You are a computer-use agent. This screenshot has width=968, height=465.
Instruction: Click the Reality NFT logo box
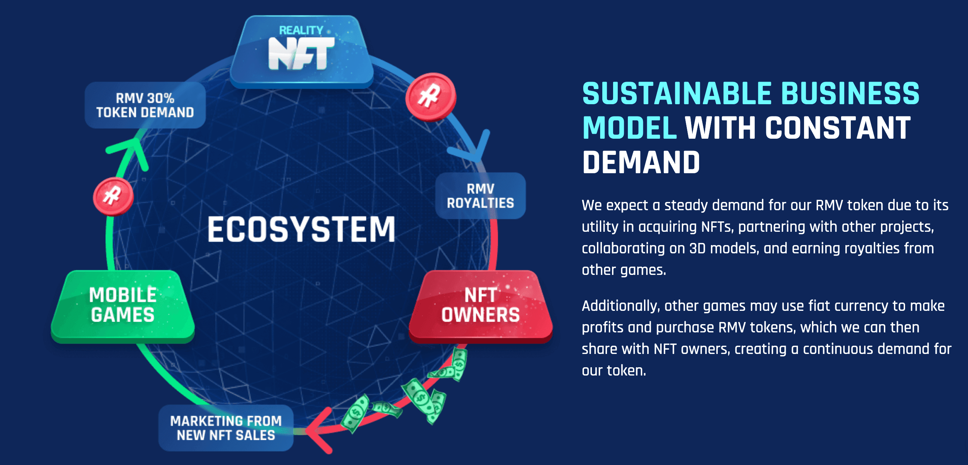pos(301,51)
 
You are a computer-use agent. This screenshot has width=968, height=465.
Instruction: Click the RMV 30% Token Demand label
pos(145,105)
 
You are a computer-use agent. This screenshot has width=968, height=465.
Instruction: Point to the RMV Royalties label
pos(480,196)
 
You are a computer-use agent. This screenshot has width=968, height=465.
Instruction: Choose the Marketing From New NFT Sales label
pos(226,428)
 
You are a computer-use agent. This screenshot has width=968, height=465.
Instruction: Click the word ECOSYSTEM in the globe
pos(301,229)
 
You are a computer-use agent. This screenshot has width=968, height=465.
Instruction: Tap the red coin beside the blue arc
pos(431,97)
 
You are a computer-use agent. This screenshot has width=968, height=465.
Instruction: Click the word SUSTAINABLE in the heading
pos(677,94)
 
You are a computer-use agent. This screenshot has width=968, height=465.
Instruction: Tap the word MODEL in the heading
pos(629,128)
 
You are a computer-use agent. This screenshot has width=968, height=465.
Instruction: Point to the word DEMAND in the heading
pos(641,163)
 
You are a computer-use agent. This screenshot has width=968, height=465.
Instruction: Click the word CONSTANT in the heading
pos(837,128)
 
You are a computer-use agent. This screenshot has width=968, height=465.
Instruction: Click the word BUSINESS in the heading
pos(850,94)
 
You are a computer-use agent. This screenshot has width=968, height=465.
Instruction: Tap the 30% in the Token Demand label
pos(160,98)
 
